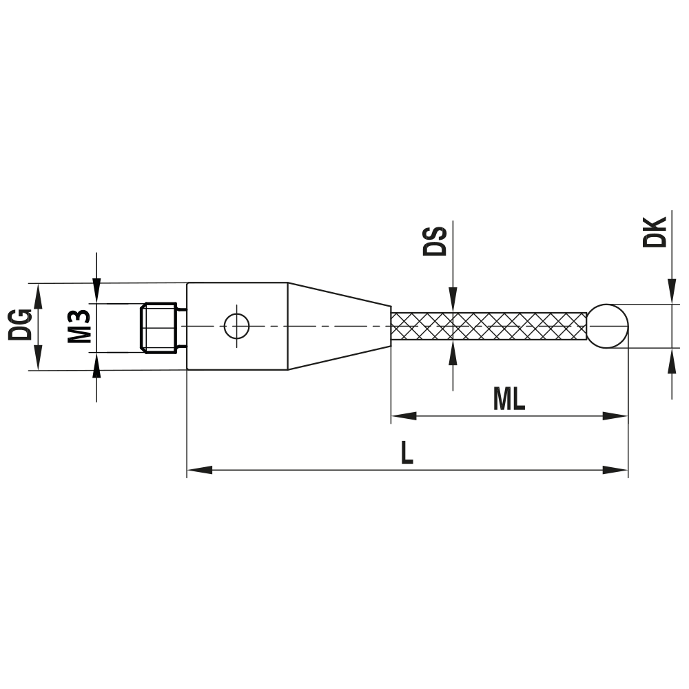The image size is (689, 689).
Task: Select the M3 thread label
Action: (80, 327)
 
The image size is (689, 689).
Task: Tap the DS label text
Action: (435, 239)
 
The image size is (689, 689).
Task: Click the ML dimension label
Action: (509, 399)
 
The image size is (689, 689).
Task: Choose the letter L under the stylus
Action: (407, 453)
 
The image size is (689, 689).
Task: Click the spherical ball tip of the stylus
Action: (608, 325)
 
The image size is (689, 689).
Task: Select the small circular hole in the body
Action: (236, 325)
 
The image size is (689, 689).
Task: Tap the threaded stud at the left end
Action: (159, 327)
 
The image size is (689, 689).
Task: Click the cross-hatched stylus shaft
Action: (489, 326)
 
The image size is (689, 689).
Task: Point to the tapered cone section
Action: (338, 326)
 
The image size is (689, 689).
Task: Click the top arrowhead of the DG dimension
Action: (39, 294)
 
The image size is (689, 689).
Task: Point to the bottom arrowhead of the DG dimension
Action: (39, 359)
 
